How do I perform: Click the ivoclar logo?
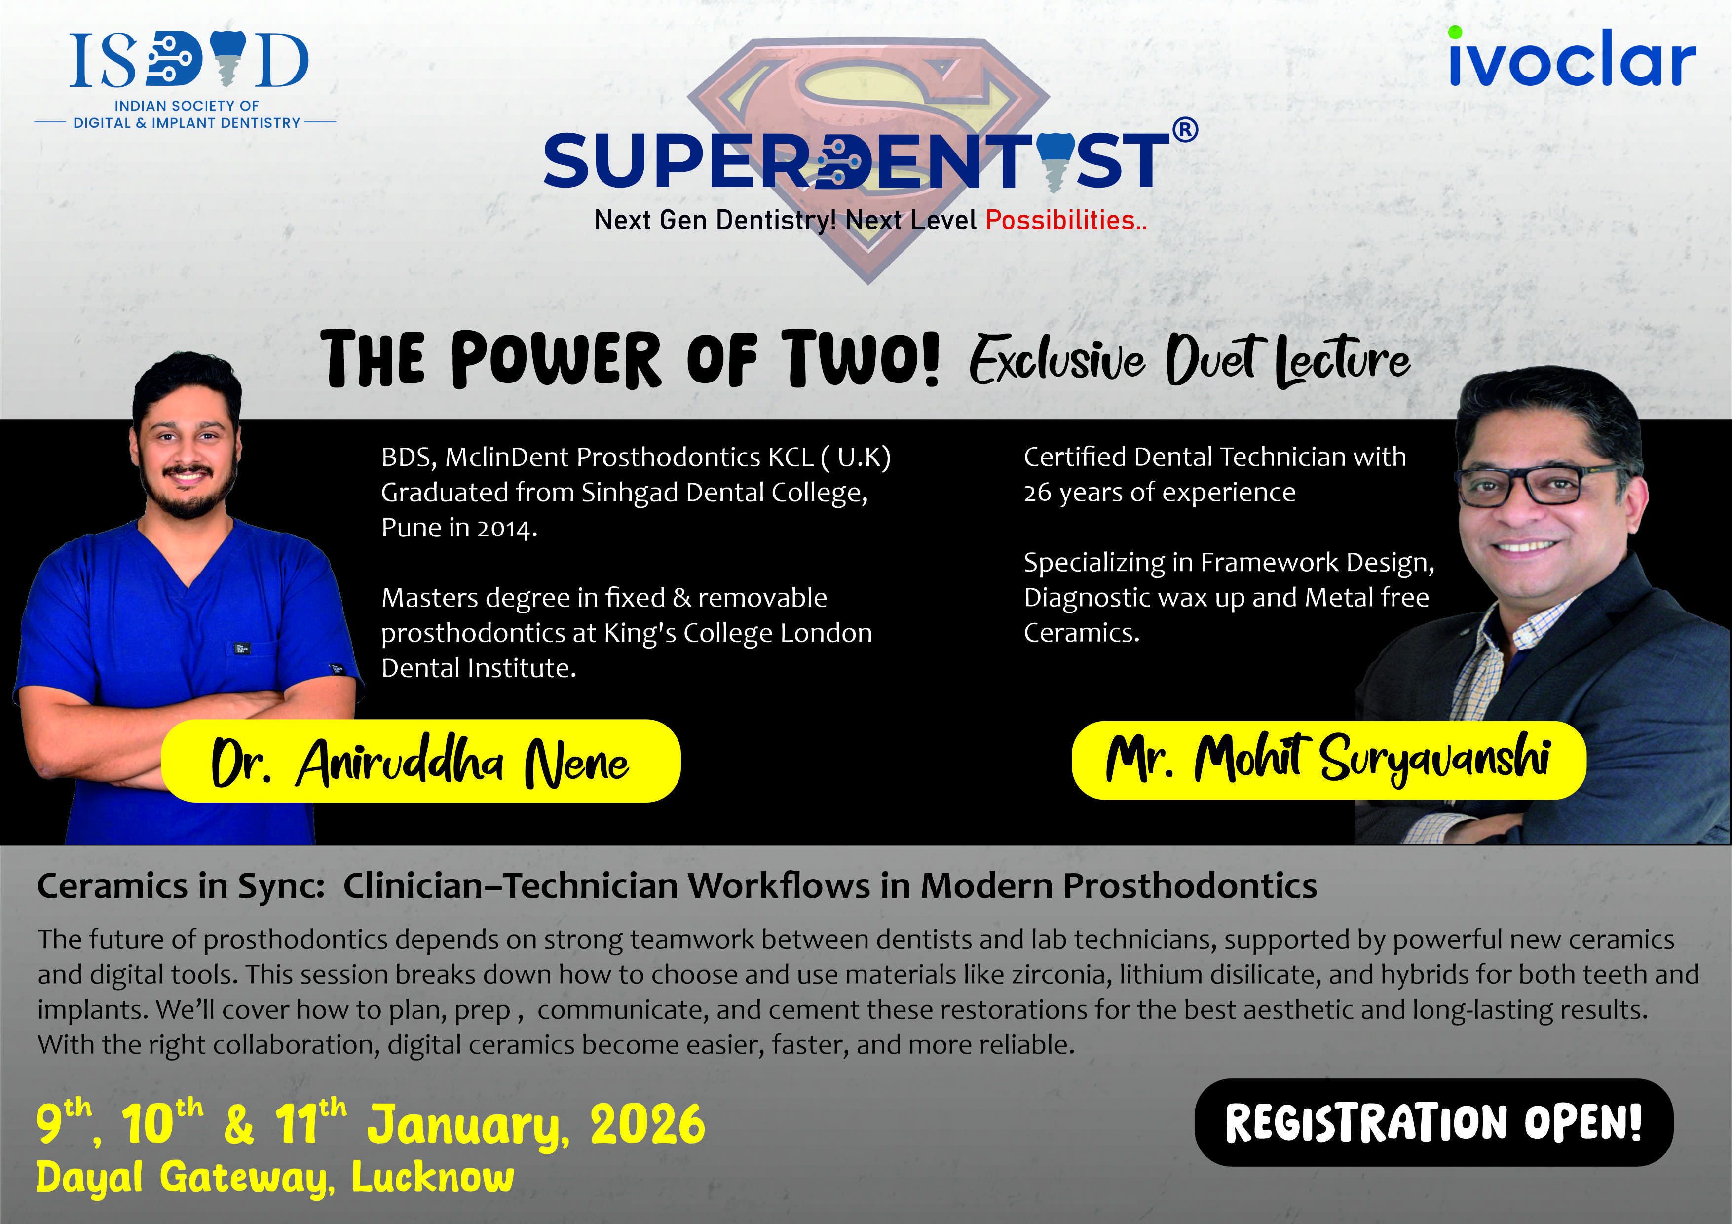coord(1572,57)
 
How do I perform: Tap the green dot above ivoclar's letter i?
coord(1455,32)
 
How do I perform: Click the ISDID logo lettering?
coord(188,60)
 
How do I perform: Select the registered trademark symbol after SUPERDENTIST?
coord(1185,130)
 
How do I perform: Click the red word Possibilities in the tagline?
coord(1060,220)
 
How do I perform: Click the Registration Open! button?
coord(1433,1122)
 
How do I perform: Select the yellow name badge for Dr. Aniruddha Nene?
coord(421,761)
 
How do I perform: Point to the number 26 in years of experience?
coord(1037,493)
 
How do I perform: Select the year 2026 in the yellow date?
coord(648,1124)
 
